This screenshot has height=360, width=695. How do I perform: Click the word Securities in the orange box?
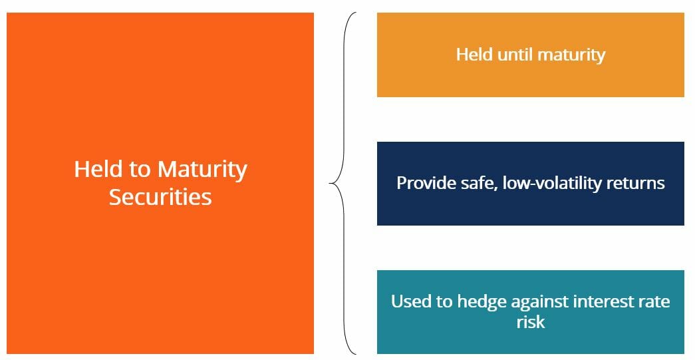tap(160, 197)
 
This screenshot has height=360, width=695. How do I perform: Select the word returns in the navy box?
tap(636, 183)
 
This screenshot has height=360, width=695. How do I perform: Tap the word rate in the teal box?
tap(654, 302)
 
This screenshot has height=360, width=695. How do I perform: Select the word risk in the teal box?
tap(530, 322)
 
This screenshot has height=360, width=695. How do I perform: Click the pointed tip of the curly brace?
tap(331, 183)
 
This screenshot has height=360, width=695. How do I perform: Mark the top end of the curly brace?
tap(356, 13)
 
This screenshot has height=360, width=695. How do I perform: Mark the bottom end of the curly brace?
tap(356, 353)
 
